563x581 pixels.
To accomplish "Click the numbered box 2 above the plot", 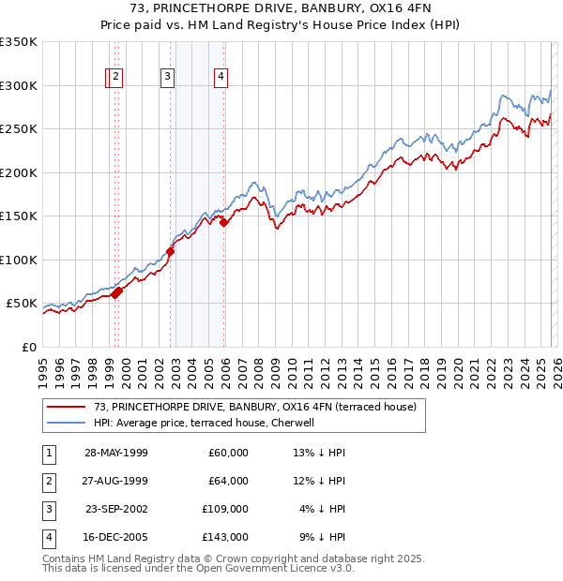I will (x=114, y=78).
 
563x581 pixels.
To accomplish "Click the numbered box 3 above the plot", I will (x=167, y=78).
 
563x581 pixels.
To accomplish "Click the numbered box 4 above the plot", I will (x=221, y=78).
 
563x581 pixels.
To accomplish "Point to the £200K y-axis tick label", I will (x=19, y=172).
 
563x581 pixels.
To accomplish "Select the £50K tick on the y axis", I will (x=23, y=304).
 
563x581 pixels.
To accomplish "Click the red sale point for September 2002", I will (x=171, y=251).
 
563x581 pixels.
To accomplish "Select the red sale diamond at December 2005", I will (x=224, y=222).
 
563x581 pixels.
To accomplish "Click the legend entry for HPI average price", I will (x=209, y=423).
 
